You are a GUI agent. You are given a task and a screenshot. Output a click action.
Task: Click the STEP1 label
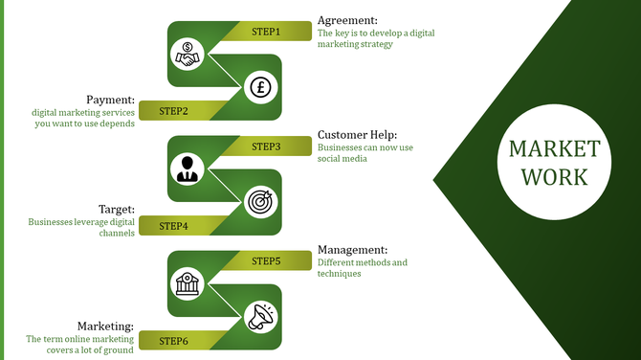(x=266, y=32)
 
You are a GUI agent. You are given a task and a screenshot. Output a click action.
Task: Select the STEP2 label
(x=173, y=110)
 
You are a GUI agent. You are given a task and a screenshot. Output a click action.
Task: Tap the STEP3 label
(x=266, y=146)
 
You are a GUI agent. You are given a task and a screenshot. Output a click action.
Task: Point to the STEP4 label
(x=173, y=226)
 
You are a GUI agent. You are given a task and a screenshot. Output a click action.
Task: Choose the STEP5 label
(x=266, y=260)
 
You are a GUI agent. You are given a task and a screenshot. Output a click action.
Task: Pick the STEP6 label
(x=173, y=341)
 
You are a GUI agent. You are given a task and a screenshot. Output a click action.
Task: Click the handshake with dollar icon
(x=188, y=55)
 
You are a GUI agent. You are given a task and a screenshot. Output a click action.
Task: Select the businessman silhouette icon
(x=188, y=169)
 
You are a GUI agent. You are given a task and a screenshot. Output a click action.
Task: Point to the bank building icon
(x=188, y=283)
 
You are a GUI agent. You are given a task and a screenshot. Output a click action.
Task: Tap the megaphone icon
(x=259, y=318)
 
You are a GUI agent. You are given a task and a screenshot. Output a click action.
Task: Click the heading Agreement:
(x=347, y=20)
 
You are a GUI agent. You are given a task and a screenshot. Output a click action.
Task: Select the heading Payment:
(x=108, y=100)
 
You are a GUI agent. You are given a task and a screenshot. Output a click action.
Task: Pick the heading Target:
(x=117, y=209)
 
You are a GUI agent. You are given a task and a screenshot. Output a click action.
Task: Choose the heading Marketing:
(x=105, y=326)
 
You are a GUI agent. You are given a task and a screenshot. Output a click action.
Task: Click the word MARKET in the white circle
(x=555, y=149)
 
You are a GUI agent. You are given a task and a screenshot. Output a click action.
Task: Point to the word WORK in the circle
(x=555, y=177)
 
